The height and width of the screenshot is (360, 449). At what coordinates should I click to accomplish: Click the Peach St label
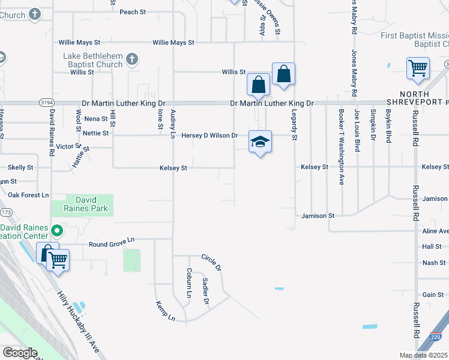(x=133, y=12)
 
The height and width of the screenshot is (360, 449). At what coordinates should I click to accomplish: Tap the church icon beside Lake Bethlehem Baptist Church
(x=132, y=59)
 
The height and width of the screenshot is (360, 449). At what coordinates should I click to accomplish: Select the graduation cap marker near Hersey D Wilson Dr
(x=260, y=142)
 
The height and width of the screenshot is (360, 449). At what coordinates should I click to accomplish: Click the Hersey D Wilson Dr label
(x=210, y=136)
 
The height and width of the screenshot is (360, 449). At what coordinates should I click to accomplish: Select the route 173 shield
(x=7, y=212)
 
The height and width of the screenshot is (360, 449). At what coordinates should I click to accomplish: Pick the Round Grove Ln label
(x=113, y=244)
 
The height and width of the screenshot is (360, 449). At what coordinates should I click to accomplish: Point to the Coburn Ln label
(x=188, y=283)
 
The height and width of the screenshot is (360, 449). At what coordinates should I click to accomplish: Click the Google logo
(x=20, y=352)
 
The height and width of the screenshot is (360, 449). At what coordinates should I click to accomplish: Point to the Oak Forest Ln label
(x=28, y=195)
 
